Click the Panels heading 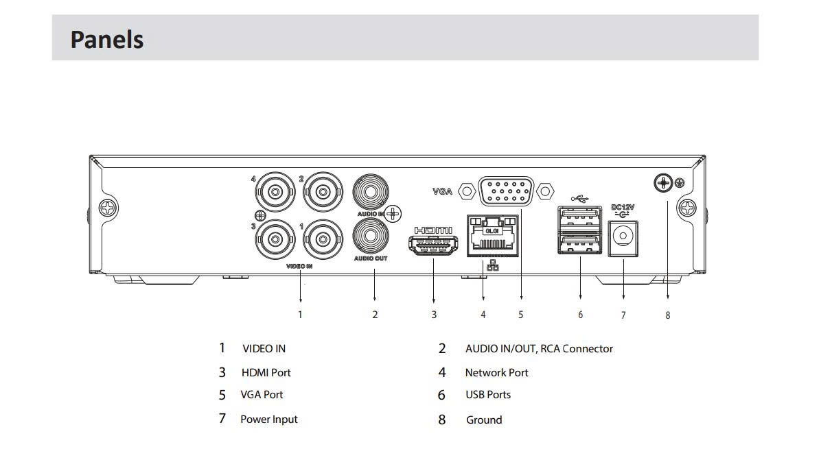[x=107, y=39]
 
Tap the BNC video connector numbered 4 [x=275, y=192]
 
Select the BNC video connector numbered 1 [x=323, y=239]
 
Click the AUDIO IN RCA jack [x=371, y=192]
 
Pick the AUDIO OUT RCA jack [x=371, y=236]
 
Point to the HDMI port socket [x=433, y=245]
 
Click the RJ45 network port [x=493, y=235]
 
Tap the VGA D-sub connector [x=506, y=191]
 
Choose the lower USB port [x=579, y=243]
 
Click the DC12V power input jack [x=623, y=239]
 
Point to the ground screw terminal [x=663, y=183]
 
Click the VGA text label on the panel [x=442, y=191]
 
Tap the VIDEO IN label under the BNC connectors [x=299, y=266]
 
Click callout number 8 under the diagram [x=668, y=315]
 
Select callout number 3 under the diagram [x=434, y=315]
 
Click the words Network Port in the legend [x=496, y=372]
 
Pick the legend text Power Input [x=269, y=420]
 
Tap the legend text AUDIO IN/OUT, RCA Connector [x=539, y=348]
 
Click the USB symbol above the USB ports [x=579, y=199]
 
